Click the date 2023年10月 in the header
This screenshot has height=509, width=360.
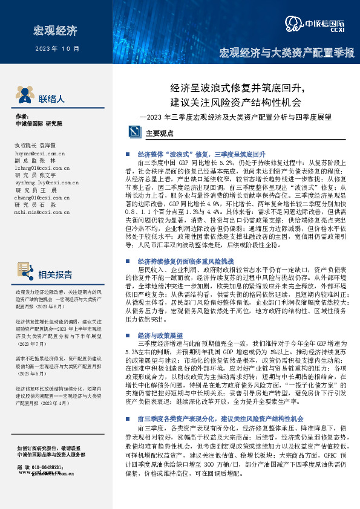[57, 48]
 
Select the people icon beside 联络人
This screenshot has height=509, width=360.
[24, 96]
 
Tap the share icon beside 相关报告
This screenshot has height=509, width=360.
[24, 275]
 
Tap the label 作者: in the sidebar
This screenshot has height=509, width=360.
[22, 116]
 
